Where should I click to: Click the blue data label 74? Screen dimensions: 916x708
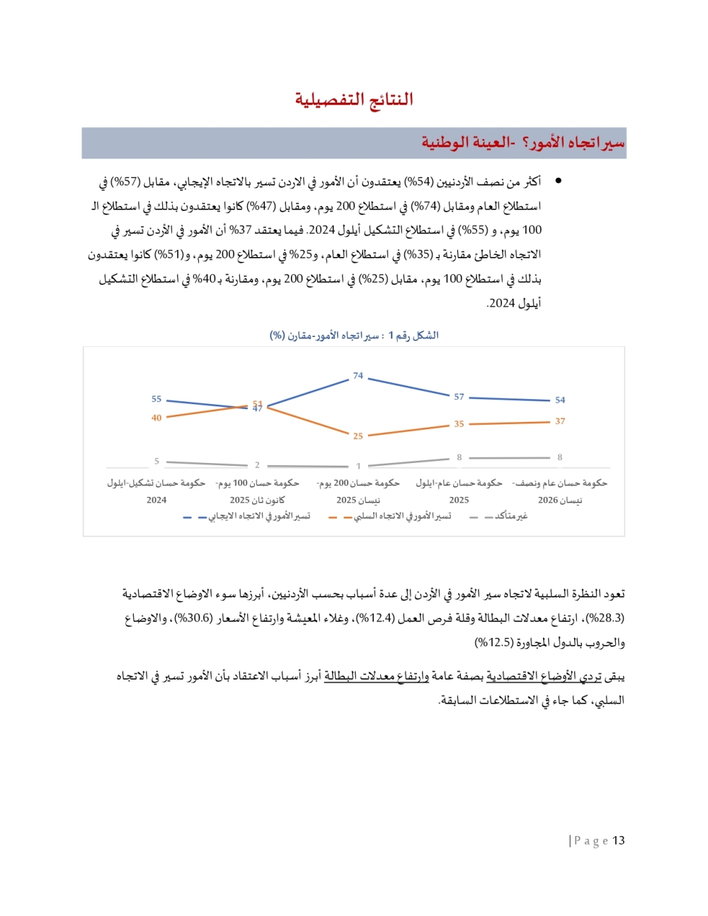[x=358, y=376]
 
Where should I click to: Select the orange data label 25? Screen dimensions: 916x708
[x=358, y=436]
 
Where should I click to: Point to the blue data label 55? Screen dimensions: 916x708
[x=156, y=399]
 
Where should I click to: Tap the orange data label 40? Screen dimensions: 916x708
[x=156, y=418]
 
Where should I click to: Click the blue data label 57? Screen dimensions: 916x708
[x=459, y=397]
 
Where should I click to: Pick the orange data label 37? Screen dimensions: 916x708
[x=560, y=421]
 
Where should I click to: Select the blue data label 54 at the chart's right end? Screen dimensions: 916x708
[x=560, y=400]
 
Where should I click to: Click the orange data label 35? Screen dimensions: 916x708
[x=459, y=424]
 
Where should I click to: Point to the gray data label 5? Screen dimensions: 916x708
[x=156, y=461]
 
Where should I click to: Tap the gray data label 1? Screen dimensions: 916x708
[x=358, y=466]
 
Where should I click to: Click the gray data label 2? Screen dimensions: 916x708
[x=257, y=465]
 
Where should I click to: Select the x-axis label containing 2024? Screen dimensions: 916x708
[x=156, y=491]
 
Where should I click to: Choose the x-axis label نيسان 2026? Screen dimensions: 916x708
[x=560, y=491]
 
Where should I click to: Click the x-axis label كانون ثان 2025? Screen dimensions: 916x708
[x=257, y=491]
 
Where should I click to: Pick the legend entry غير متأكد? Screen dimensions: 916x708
[x=499, y=516]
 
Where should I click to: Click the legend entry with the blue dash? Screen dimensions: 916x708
[x=247, y=517]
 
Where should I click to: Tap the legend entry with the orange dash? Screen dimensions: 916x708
[x=390, y=517]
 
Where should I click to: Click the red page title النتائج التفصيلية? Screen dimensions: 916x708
[x=354, y=99]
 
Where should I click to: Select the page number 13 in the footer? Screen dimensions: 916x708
[x=619, y=840]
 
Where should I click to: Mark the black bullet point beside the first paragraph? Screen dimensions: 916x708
[x=559, y=181]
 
